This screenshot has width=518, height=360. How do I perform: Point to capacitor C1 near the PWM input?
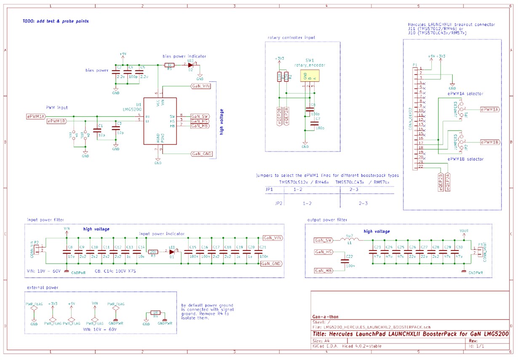coord(98,130)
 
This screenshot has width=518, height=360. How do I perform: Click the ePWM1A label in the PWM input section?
coord(36,116)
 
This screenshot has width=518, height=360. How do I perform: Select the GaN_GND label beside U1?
coord(201,154)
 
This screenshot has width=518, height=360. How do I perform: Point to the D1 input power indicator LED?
coord(172,251)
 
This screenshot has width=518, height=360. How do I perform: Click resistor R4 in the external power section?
coord(155,313)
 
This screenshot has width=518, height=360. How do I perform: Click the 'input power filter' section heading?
coord(46,219)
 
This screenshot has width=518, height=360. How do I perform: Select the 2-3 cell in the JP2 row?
coord(363,203)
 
